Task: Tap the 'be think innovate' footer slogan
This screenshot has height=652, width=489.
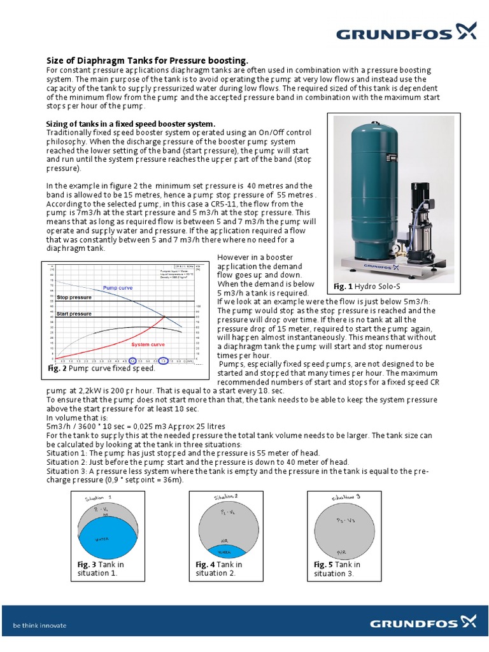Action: tap(39, 625)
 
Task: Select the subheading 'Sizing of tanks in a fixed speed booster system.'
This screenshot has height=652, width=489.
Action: tap(131, 123)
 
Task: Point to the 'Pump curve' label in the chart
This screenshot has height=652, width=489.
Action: tap(118, 288)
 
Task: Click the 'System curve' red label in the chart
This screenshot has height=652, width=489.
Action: tap(148, 344)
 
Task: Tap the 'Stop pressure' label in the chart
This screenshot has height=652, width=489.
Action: tap(74, 297)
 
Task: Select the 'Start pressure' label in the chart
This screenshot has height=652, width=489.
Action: tap(74, 314)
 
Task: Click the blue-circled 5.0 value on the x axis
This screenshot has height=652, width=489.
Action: tap(132, 360)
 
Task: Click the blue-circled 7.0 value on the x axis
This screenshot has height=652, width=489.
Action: tap(163, 360)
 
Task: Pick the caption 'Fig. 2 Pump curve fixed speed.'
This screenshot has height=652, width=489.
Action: tap(102, 369)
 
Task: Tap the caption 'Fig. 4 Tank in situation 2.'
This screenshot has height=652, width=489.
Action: tap(219, 569)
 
